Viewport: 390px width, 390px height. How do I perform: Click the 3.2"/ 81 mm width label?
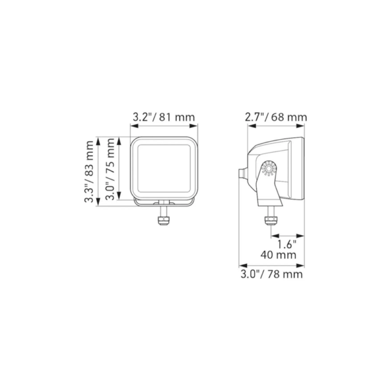164,117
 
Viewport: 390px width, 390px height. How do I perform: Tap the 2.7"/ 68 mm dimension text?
276,117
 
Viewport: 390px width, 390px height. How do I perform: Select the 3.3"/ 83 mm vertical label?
89,172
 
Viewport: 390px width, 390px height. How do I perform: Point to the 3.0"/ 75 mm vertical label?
110,169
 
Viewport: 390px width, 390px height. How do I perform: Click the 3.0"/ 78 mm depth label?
272,274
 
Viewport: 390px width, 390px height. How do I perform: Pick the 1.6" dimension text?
287,244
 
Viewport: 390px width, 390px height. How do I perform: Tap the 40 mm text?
279,255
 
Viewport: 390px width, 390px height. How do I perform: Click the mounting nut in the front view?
164,221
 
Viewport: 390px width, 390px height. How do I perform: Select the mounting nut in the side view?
271,220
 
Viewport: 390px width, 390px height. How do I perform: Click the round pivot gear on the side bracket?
269,168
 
